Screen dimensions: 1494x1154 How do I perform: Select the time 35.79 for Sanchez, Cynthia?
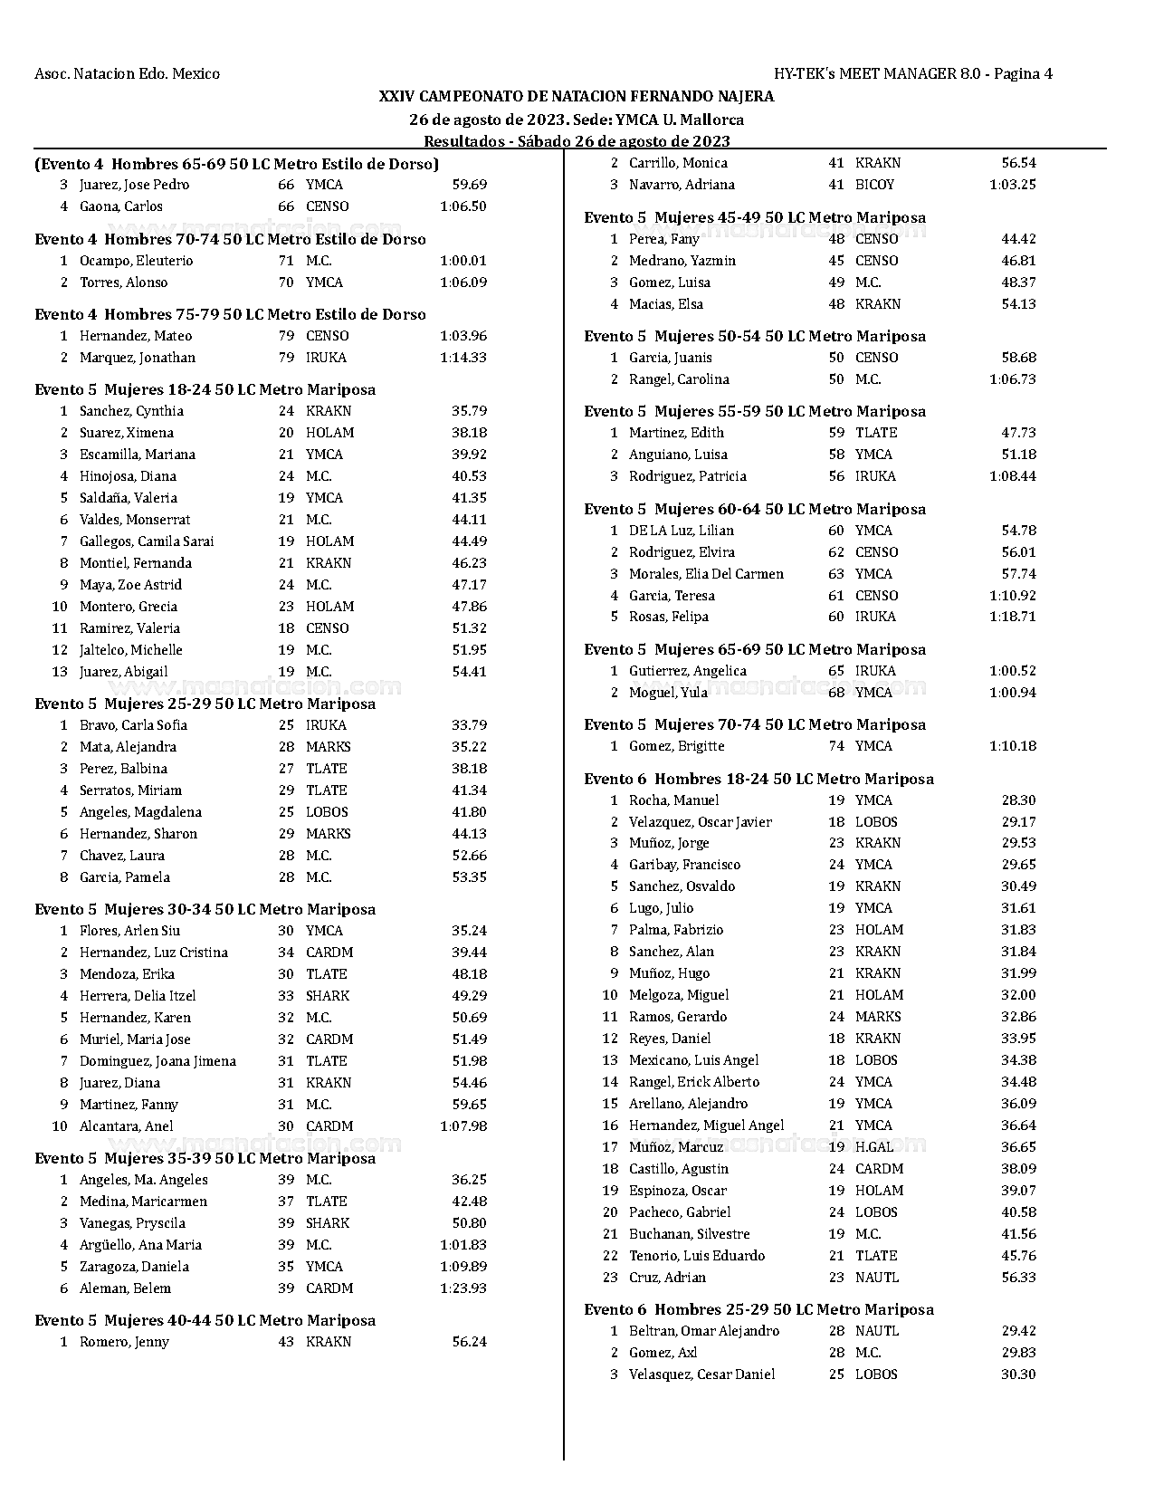[x=469, y=411]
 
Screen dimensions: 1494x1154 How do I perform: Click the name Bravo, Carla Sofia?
[x=133, y=725]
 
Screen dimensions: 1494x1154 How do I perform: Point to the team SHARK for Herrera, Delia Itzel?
[x=328, y=996]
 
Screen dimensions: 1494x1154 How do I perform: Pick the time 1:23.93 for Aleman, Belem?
[x=463, y=1288]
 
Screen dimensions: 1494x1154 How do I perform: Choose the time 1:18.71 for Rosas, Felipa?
[x=1013, y=617]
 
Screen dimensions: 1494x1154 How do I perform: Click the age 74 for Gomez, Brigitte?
[x=836, y=746]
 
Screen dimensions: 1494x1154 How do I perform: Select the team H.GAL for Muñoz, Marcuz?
[x=874, y=1147]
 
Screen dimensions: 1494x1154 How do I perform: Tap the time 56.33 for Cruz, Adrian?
[x=1019, y=1278]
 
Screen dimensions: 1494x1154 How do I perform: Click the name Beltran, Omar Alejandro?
[x=704, y=1331]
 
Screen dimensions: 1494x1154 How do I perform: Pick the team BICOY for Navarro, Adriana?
[x=874, y=185]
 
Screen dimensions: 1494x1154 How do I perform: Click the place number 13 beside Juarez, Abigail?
[x=60, y=672]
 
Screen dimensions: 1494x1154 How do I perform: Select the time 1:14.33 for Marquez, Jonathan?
[x=463, y=358]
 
